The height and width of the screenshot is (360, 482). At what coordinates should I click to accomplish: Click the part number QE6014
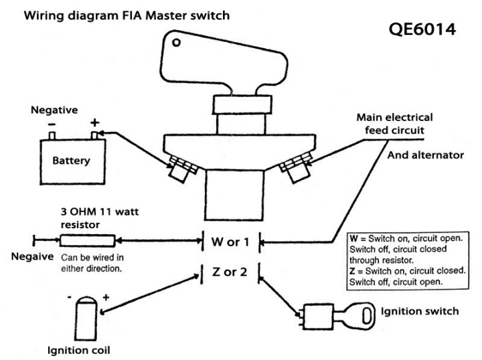pos(421,32)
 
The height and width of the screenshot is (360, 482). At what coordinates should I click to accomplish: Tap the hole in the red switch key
pos(176,43)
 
